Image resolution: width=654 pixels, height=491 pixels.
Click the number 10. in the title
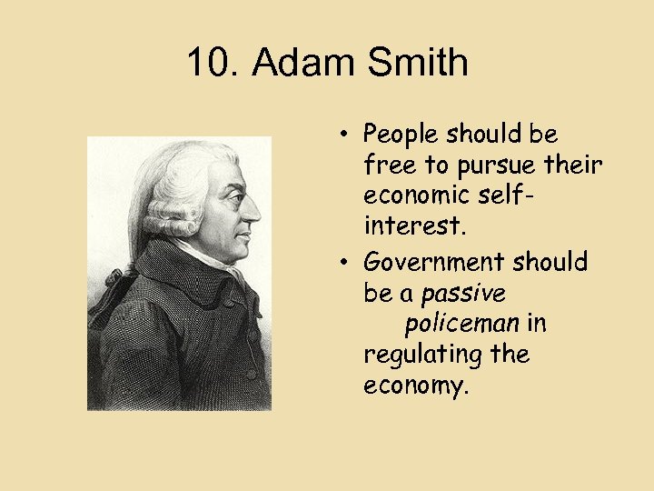point(213,64)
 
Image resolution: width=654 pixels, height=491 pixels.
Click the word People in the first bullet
point(402,135)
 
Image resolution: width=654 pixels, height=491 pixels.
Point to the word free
point(385,165)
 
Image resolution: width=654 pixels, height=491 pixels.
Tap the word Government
point(433,263)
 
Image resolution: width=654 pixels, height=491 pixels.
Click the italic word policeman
point(461,324)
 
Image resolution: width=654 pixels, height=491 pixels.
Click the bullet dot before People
point(348,135)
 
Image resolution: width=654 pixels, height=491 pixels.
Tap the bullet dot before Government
point(348,263)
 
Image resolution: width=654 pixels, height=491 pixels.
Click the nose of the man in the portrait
point(253,211)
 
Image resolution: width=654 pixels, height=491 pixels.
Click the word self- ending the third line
point(554,195)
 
